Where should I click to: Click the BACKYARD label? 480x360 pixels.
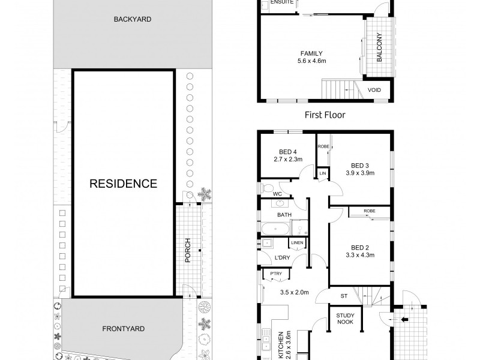132,19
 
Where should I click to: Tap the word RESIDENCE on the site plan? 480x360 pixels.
124,184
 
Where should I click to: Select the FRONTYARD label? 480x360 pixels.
124,329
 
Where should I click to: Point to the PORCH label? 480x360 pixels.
188,250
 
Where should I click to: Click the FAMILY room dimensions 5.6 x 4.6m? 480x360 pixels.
311,61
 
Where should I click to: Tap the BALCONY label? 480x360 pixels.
380,47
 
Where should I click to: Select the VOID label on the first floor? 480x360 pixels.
374,90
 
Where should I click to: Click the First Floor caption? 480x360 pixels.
325,115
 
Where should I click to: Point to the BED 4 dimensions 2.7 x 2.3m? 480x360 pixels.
288,159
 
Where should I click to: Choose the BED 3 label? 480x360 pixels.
360,166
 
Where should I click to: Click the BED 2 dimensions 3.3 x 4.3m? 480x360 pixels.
360,255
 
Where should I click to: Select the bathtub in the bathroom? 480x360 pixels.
275,229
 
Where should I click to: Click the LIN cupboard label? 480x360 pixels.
323,173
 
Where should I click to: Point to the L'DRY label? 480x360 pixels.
282,258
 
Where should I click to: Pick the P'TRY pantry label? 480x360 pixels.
276,274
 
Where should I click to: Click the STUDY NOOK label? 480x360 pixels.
345,319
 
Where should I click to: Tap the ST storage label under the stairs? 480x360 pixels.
344,296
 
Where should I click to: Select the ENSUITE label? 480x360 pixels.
282,2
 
